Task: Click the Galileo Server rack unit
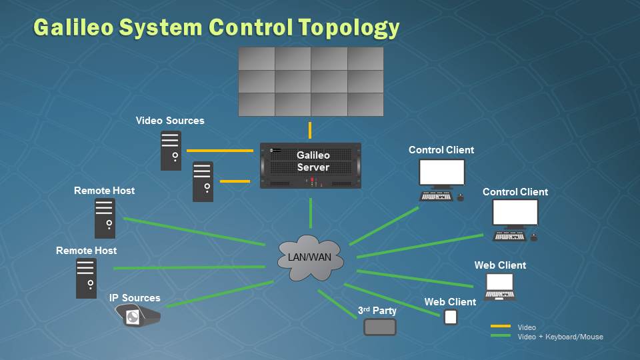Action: (x=311, y=165)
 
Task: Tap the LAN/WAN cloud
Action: (x=311, y=257)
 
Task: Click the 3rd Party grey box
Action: (x=380, y=327)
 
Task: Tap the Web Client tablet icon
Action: (x=451, y=317)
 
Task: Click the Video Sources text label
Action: (x=170, y=121)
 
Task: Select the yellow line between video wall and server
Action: (x=310, y=129)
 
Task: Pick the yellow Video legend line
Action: (x=501, y=327)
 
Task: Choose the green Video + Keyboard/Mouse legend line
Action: (x=501, y=336)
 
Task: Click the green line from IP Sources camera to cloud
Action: (x=220, y=294)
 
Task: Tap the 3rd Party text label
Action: (x=377, y=311)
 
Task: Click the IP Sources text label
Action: (x=135, y=298)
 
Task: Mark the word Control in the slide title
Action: (x=250, y=27)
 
